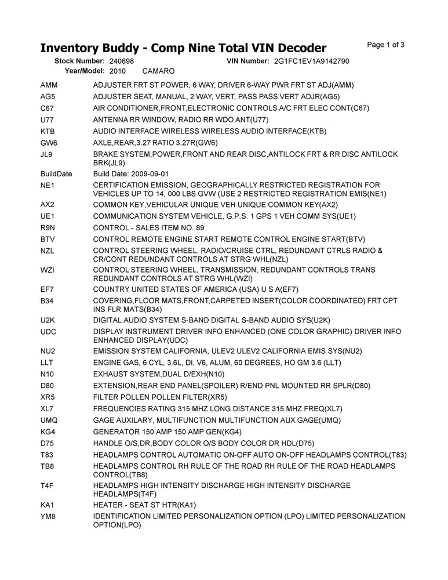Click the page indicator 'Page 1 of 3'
coord(386,45)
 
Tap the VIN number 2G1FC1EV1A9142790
coord(311,61)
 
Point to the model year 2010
coord(117,71)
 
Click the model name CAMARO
coord(158,71)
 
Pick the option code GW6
coord(49,143)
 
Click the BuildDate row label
coord(56,173)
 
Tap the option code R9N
coord(48,227)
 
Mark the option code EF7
coord(48,289)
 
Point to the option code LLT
coord(48,362)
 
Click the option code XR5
coord(48,397)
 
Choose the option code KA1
coord(48,505)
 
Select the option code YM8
coord(48,516)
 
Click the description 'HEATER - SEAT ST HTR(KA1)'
coord(145,505)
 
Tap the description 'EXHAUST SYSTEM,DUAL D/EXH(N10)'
coord(158,374)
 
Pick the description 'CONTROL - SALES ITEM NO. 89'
coord(149,227)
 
